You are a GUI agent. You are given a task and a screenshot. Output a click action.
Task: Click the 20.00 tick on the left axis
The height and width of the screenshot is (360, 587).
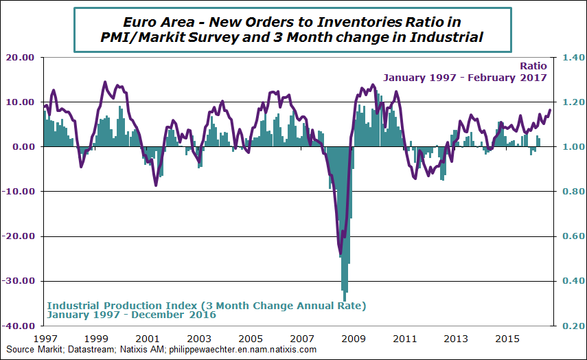click(21, 58)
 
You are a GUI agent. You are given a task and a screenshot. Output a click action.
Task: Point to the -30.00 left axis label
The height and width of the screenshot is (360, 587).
click(20, 281)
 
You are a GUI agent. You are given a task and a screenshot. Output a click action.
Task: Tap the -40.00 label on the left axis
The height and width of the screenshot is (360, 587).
click(20, 326)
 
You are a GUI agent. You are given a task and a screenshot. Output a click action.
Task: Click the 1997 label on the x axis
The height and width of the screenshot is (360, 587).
click(45, 339)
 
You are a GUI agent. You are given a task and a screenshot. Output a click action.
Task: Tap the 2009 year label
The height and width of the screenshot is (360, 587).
click(353, 339)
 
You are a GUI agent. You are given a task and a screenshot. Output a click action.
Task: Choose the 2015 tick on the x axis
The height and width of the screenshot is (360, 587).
click(507, 339)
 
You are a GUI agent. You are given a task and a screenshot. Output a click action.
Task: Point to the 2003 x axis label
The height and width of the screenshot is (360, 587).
click(199, 339)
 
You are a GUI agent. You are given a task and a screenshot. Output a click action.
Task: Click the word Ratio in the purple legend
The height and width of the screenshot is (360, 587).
click(533, 66)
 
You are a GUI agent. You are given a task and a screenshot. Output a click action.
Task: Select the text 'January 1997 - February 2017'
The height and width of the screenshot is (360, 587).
click(465, 77)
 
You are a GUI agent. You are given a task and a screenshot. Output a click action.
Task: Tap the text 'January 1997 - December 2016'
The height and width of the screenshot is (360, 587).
click(131, 315)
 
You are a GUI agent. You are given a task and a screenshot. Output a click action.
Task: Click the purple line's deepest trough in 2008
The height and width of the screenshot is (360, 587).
click(341, 255)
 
